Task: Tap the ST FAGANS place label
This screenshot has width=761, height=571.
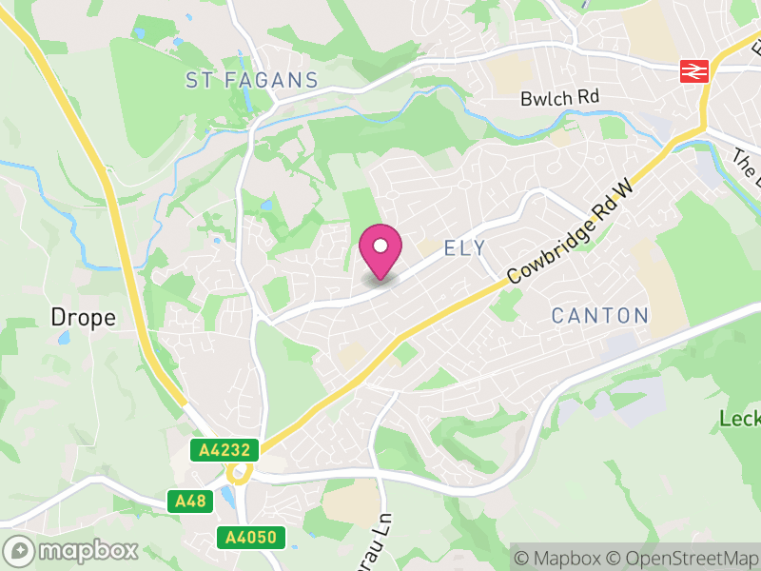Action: pos(252,80)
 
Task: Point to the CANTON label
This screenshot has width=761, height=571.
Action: pos(600,315)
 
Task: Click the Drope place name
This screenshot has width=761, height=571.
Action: pos(84,318)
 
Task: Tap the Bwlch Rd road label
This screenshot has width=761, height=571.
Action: pos(560,98)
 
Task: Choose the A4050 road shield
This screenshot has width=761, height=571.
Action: pos(251,538)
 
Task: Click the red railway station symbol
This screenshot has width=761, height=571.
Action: pos(693,70)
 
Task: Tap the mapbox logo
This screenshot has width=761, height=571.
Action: pos(71,550)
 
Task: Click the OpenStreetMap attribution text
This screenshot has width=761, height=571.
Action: pos(685,558)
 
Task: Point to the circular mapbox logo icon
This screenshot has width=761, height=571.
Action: pos(19,550)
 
